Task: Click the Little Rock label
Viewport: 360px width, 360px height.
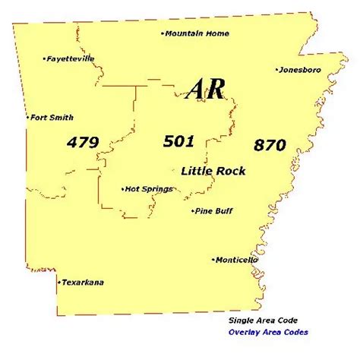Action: [x=213, y=171]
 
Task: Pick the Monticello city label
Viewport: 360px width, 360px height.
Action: [x=236, y=260]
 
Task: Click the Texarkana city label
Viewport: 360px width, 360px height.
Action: [x=83, y=283]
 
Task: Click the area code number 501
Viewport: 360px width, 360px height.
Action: [x=179, y=141]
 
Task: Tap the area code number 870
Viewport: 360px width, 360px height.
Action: [x=270, y=144]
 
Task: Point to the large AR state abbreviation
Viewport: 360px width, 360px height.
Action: [x=205, y=90]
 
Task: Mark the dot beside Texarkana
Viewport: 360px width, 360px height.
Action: [x=58, y=282]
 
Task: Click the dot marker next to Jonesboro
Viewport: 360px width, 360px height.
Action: [x=277, y=70]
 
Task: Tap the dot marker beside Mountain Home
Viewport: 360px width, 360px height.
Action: [x=163, y=33]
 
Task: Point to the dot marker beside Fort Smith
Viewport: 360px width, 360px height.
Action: [x=29, y=118]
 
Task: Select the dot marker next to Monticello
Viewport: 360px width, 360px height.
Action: [x=213, y=260]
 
